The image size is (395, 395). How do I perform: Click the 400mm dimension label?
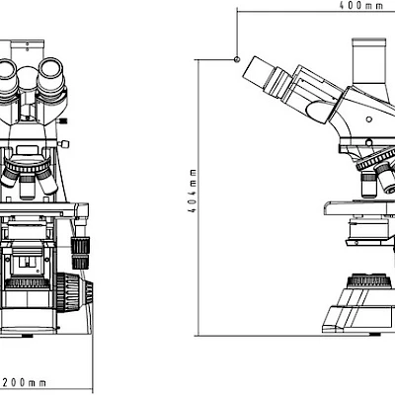coord(361,6)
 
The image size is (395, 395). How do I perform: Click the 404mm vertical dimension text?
coord(193,191)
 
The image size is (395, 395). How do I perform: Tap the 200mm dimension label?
coord(25,382)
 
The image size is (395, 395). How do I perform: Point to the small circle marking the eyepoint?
coord(237,59)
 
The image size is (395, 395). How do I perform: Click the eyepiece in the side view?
coord(267,79)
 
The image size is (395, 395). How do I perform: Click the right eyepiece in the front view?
coord(51,74)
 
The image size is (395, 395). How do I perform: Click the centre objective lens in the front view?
coord(27,187)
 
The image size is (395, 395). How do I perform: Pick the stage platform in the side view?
coord(359,207)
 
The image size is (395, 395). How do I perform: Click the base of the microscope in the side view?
coord(358,316)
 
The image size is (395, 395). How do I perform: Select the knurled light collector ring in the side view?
coord(369,281)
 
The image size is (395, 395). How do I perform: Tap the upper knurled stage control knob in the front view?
coord(80,245)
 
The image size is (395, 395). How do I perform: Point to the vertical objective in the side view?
coord(369,185)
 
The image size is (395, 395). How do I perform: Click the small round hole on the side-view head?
coord(369,118)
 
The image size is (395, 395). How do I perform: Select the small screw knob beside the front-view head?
coord(63,144)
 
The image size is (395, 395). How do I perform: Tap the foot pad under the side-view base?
coord(374,334)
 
